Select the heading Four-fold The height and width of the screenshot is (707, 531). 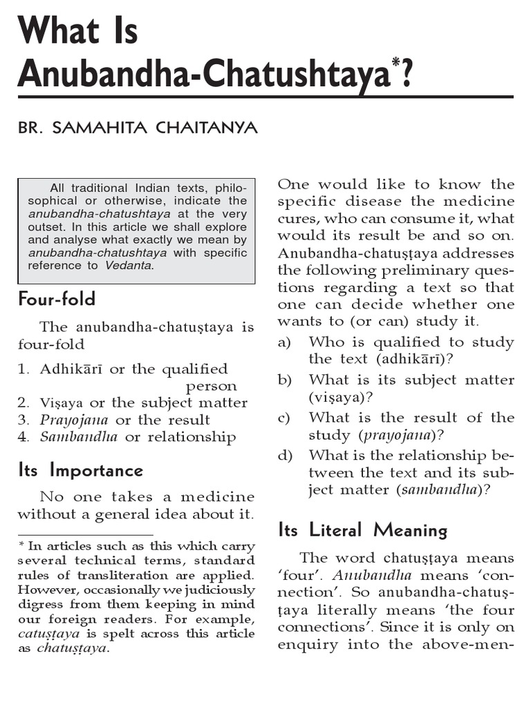coord(57,300)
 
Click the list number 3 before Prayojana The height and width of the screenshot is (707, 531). coord(23,420)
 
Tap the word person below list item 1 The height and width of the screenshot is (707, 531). coord(212,386)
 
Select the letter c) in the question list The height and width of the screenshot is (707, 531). coord(285,418)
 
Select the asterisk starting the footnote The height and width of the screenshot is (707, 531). coord(21,545)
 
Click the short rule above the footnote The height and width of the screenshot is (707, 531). coord(85,534)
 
